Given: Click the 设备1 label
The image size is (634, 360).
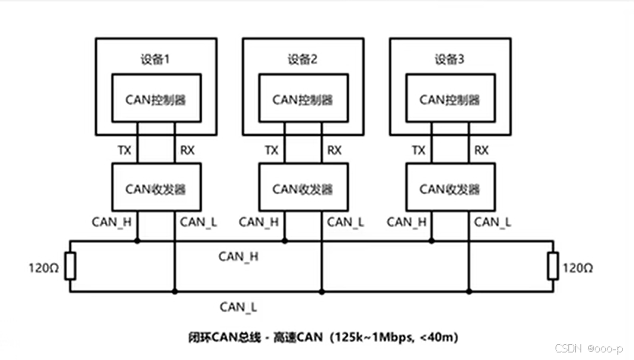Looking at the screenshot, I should (155, 58).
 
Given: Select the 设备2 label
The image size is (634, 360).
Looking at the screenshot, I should (303, 58).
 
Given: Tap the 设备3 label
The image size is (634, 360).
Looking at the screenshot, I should (450, 58).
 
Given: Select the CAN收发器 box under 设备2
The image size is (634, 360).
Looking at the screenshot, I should (303, 189).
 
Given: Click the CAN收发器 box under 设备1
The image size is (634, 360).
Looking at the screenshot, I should (155, 189).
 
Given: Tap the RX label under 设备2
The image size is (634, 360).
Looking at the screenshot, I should (334, 150).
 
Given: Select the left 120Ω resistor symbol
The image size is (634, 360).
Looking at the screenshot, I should (69, 266).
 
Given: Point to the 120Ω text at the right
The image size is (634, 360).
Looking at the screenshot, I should (579, 267).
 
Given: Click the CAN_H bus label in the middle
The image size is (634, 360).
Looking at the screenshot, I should (239, 257).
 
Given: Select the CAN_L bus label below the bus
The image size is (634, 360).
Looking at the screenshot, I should (239, 306).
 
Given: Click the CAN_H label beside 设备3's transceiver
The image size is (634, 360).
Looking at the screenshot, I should (407, 222).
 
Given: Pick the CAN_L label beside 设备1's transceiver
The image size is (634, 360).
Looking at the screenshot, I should (198, 222).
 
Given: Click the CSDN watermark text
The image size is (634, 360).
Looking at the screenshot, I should (567, 349).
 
